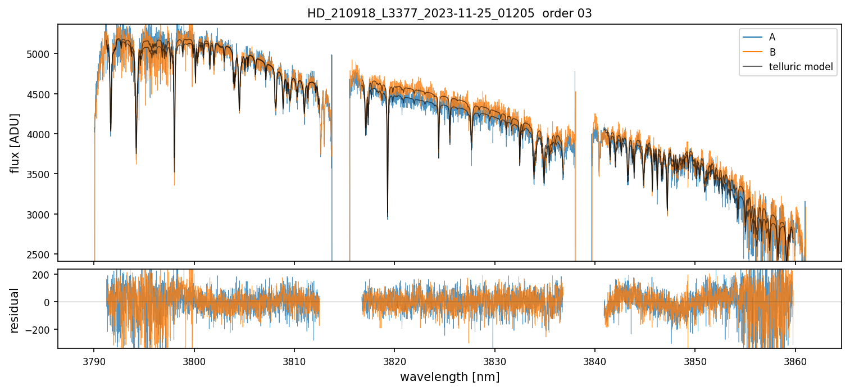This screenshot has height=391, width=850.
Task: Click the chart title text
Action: point(449,13)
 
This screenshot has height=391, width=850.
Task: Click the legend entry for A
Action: point(772,37)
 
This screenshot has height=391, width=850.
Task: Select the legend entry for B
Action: point(772,52)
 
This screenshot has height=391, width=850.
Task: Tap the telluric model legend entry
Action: point(801,67)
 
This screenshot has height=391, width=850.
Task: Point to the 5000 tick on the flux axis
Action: point(42,54)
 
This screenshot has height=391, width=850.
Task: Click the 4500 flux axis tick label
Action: point(42,94)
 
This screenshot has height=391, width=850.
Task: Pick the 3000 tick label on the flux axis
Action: point(42,215)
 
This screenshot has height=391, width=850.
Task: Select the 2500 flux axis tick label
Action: point(42,254)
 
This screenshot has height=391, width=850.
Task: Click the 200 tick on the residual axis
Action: point(45,275)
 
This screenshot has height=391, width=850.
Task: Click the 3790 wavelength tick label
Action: point(94,360)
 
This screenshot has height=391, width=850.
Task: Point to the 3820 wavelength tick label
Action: point(394,360)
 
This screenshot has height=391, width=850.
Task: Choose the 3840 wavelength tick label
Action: point(595,360)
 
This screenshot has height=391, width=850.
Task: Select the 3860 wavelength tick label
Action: point(796,360)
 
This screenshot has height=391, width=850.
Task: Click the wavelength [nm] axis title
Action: point(449,376)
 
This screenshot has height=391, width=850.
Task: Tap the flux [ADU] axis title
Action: point(15,143)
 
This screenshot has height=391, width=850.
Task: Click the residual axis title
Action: point(15,310)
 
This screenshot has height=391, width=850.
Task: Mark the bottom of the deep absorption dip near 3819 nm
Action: point(387,218)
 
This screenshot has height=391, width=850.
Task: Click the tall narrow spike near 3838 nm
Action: point(575,73)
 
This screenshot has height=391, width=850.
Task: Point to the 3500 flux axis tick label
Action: point(42,174)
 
